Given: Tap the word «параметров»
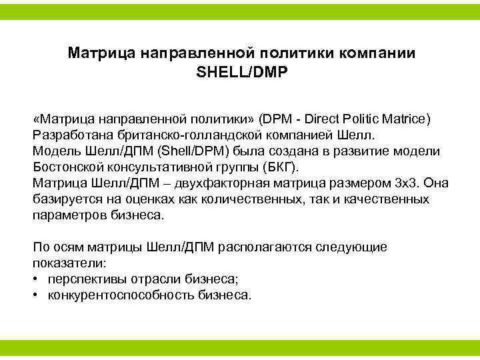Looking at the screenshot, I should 66,215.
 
